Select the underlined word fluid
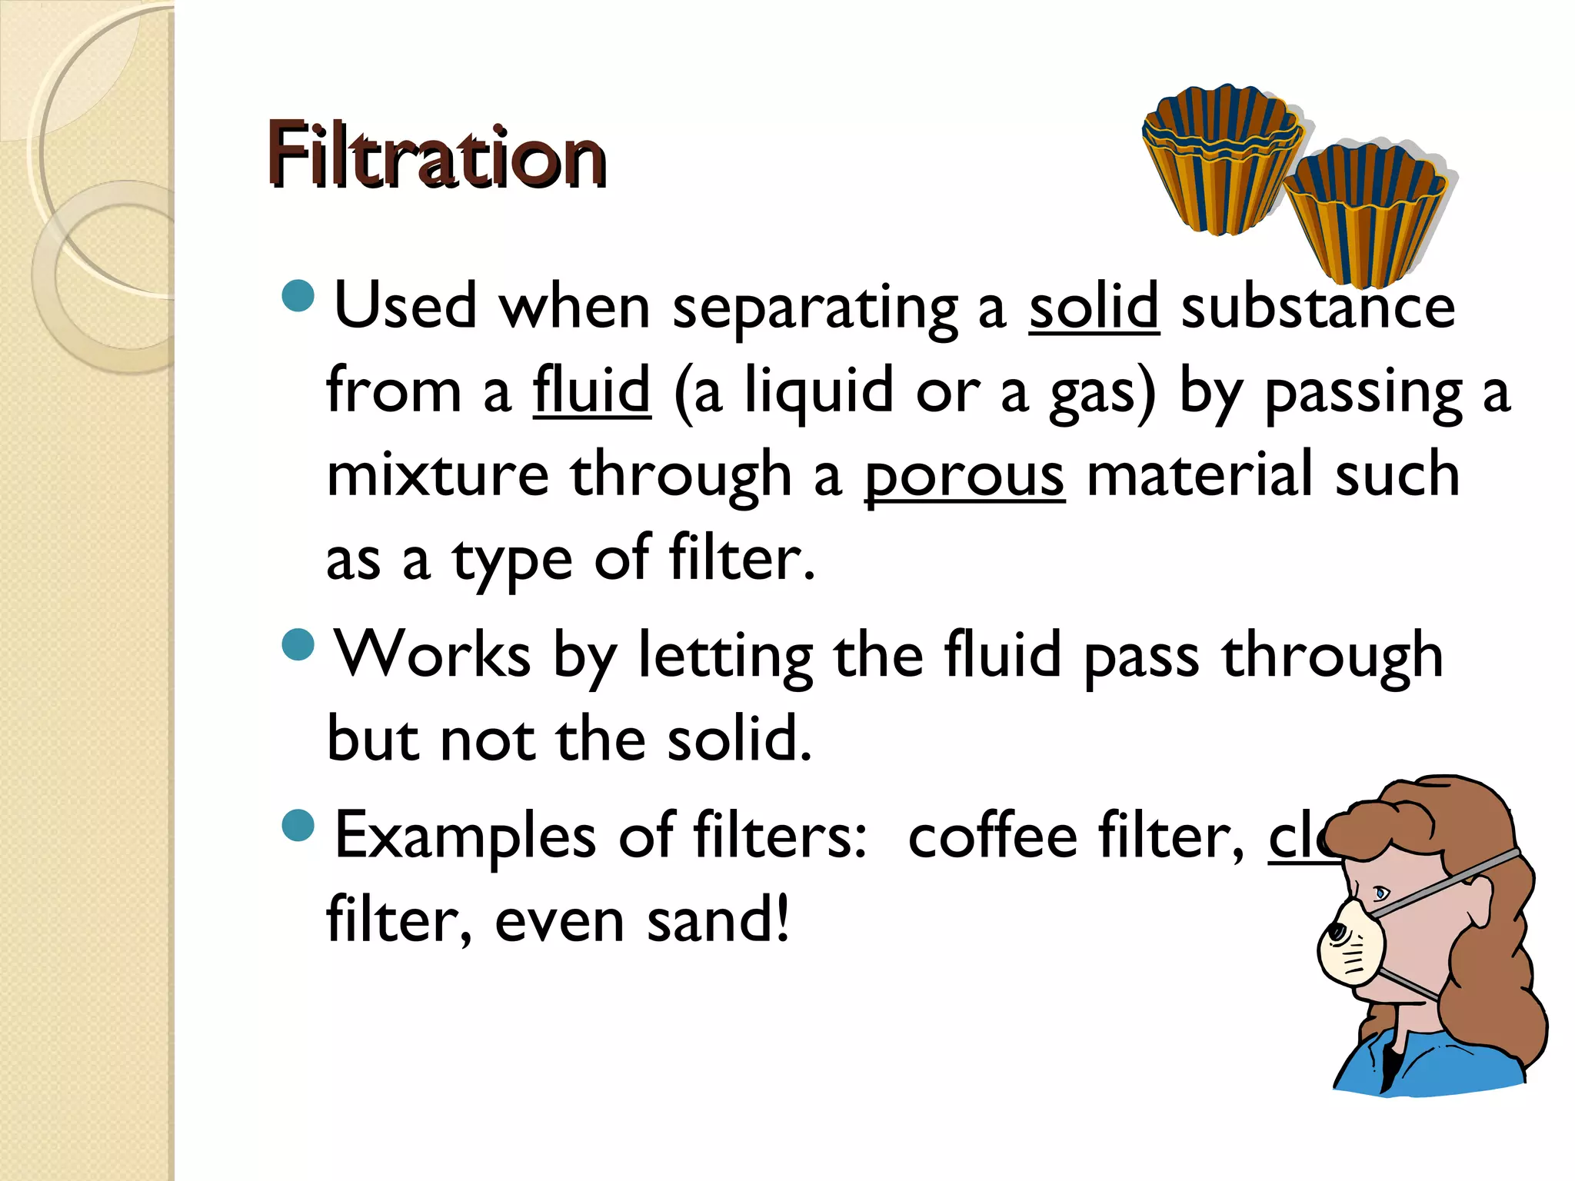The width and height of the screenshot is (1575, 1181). (591, 391)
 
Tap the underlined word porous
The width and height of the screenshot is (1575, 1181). (964, 475)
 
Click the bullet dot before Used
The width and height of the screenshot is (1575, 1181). (298, 296)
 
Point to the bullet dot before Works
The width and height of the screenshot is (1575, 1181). (298, 644)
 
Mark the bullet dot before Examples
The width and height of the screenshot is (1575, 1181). (298, 826)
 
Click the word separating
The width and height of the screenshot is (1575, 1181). (815, 308)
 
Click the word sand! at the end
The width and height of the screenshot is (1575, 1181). (718, 920)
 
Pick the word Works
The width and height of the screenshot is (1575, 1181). (432, 654)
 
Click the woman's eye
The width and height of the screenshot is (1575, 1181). (1381, 893)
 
